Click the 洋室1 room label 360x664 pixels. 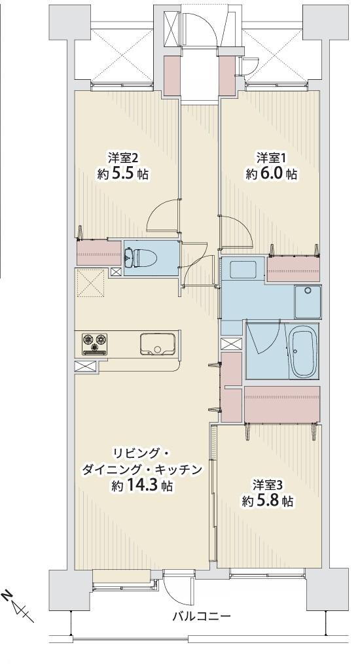coord(272,158)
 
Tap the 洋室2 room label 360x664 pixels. coord(123,158)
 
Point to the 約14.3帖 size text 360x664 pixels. coord(142,485)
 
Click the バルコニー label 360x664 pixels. coord(202,616)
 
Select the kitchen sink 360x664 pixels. coord(157,344)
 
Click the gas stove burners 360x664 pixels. coord(96,343)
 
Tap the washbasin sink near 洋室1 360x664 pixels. coord(242,270)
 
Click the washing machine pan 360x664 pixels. coord(308,302)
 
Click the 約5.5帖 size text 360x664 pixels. coord(123,174)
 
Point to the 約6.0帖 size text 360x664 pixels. coord(271,174)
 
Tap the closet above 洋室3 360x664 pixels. coord(282,404)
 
